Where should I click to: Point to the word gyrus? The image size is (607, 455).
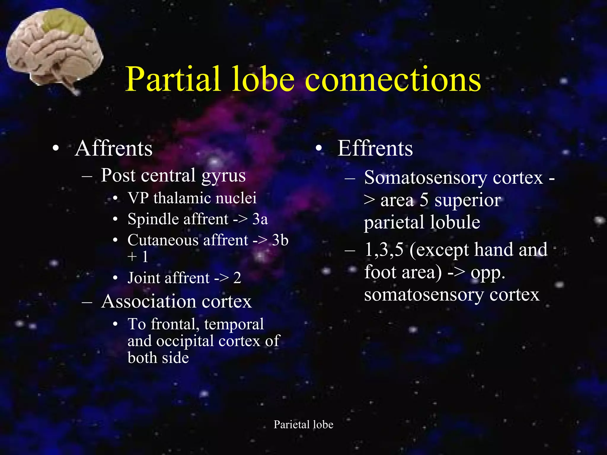(223, 175)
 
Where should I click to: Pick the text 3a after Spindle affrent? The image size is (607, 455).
(260, 219)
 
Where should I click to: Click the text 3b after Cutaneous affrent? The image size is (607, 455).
(280, 240)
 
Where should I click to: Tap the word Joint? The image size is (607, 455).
(144, 278)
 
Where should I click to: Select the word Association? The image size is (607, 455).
(148, 302)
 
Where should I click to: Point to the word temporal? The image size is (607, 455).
(234, 324)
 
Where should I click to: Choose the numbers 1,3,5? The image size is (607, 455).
(384, 249)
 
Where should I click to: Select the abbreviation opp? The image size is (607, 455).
(488, 273)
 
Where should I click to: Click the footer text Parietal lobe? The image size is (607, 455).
(303, 424)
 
